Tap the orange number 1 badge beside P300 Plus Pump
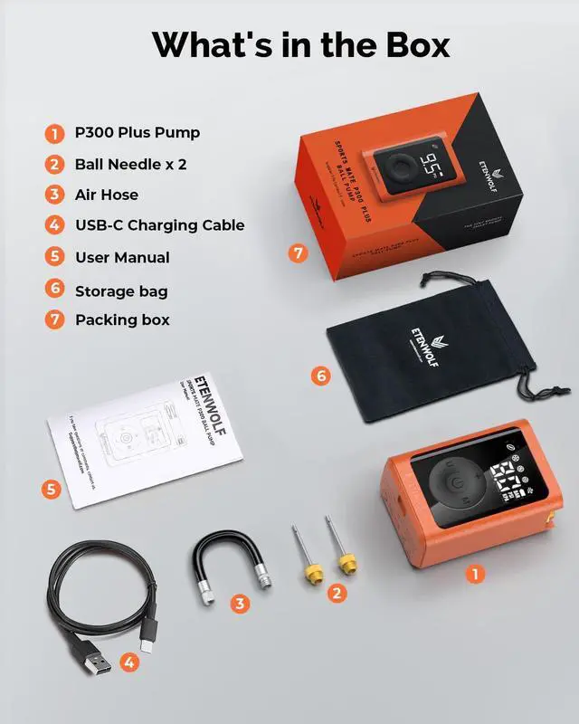coord(55,133)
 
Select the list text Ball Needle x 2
coord(130,164)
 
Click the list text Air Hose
coord(107,195)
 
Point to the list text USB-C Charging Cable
coord(159,225)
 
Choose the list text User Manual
coord(122,257)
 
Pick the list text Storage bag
coord(121,291)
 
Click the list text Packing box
coord(122,319)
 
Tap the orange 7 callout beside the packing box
coord(299,253)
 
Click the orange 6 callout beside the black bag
coord(319,375)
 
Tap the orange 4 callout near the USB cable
coord(130,663)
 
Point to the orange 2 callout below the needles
coord(336,593)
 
